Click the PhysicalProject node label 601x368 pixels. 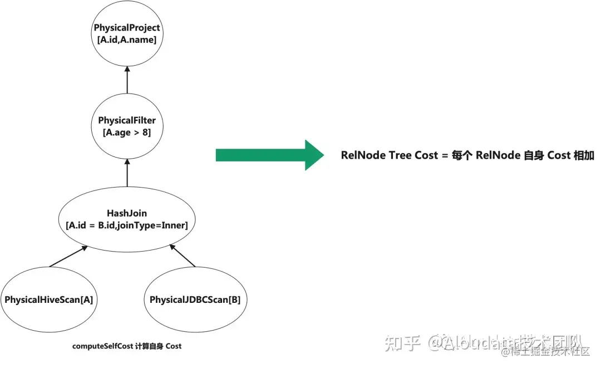point(127,28)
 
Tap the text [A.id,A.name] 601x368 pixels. point(127,40)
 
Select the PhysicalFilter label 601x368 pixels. point(127,120)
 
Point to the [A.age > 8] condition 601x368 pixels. point(127,133)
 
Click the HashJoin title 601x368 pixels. point(127,213)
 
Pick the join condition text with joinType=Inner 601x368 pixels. point(127,225)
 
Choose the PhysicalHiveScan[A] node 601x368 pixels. point(49,300)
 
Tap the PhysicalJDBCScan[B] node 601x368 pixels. point(195,300)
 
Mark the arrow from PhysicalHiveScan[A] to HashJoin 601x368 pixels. point(67,258)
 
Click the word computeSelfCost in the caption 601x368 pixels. point(102,346)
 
